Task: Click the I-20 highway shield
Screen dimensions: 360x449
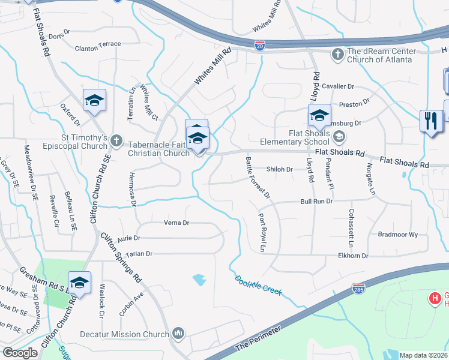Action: click(x=259, y=46)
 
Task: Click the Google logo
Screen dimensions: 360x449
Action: click(x=20, y=353)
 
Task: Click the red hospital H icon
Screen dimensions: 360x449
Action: click(x=434, y=298)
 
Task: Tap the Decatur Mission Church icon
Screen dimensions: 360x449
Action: click(x=178, y=334)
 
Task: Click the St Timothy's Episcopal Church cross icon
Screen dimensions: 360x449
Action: click(x=117, y=142)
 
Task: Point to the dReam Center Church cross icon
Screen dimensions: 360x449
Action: click(x=337, y=55)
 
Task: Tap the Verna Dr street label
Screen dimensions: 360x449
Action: click(x=176, y=223)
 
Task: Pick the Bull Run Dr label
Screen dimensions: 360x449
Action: click(x=316, y=202)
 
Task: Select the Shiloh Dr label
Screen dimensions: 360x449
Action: click(x=279, y=169)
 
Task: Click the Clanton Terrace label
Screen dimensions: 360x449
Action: click(x=98, y=44)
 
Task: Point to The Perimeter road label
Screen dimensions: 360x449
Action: click(x=258, y=340)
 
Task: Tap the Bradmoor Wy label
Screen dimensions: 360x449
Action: click(x=397, y=235)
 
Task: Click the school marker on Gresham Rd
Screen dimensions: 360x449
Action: click(x=79, y=283)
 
